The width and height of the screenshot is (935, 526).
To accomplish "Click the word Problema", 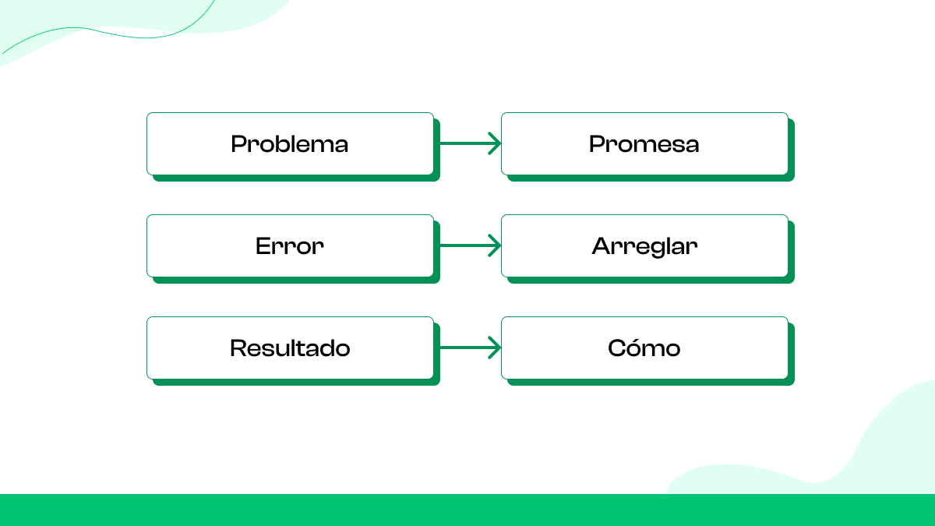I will pos(289,144).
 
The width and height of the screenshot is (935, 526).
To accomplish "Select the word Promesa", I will pos(644,144).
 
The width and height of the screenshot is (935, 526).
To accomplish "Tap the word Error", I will pos(289,246).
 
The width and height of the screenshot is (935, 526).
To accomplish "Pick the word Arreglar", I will pos(644,246).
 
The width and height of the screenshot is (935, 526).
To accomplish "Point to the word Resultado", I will pos(289,348).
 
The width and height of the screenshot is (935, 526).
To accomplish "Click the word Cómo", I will pos(644,348).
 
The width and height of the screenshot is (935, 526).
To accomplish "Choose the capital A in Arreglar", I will pos(601,246).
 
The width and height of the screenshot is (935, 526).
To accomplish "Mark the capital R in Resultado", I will pos(238,348).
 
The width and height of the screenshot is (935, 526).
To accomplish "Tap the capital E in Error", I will pos(263,246).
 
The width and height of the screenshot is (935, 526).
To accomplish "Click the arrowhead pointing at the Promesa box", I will pos(495,143).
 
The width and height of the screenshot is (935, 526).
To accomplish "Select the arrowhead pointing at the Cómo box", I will pos(495,348).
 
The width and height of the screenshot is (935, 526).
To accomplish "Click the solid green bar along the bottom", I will pos(467,510).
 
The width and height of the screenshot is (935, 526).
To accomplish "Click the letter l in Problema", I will pos(302,143).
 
